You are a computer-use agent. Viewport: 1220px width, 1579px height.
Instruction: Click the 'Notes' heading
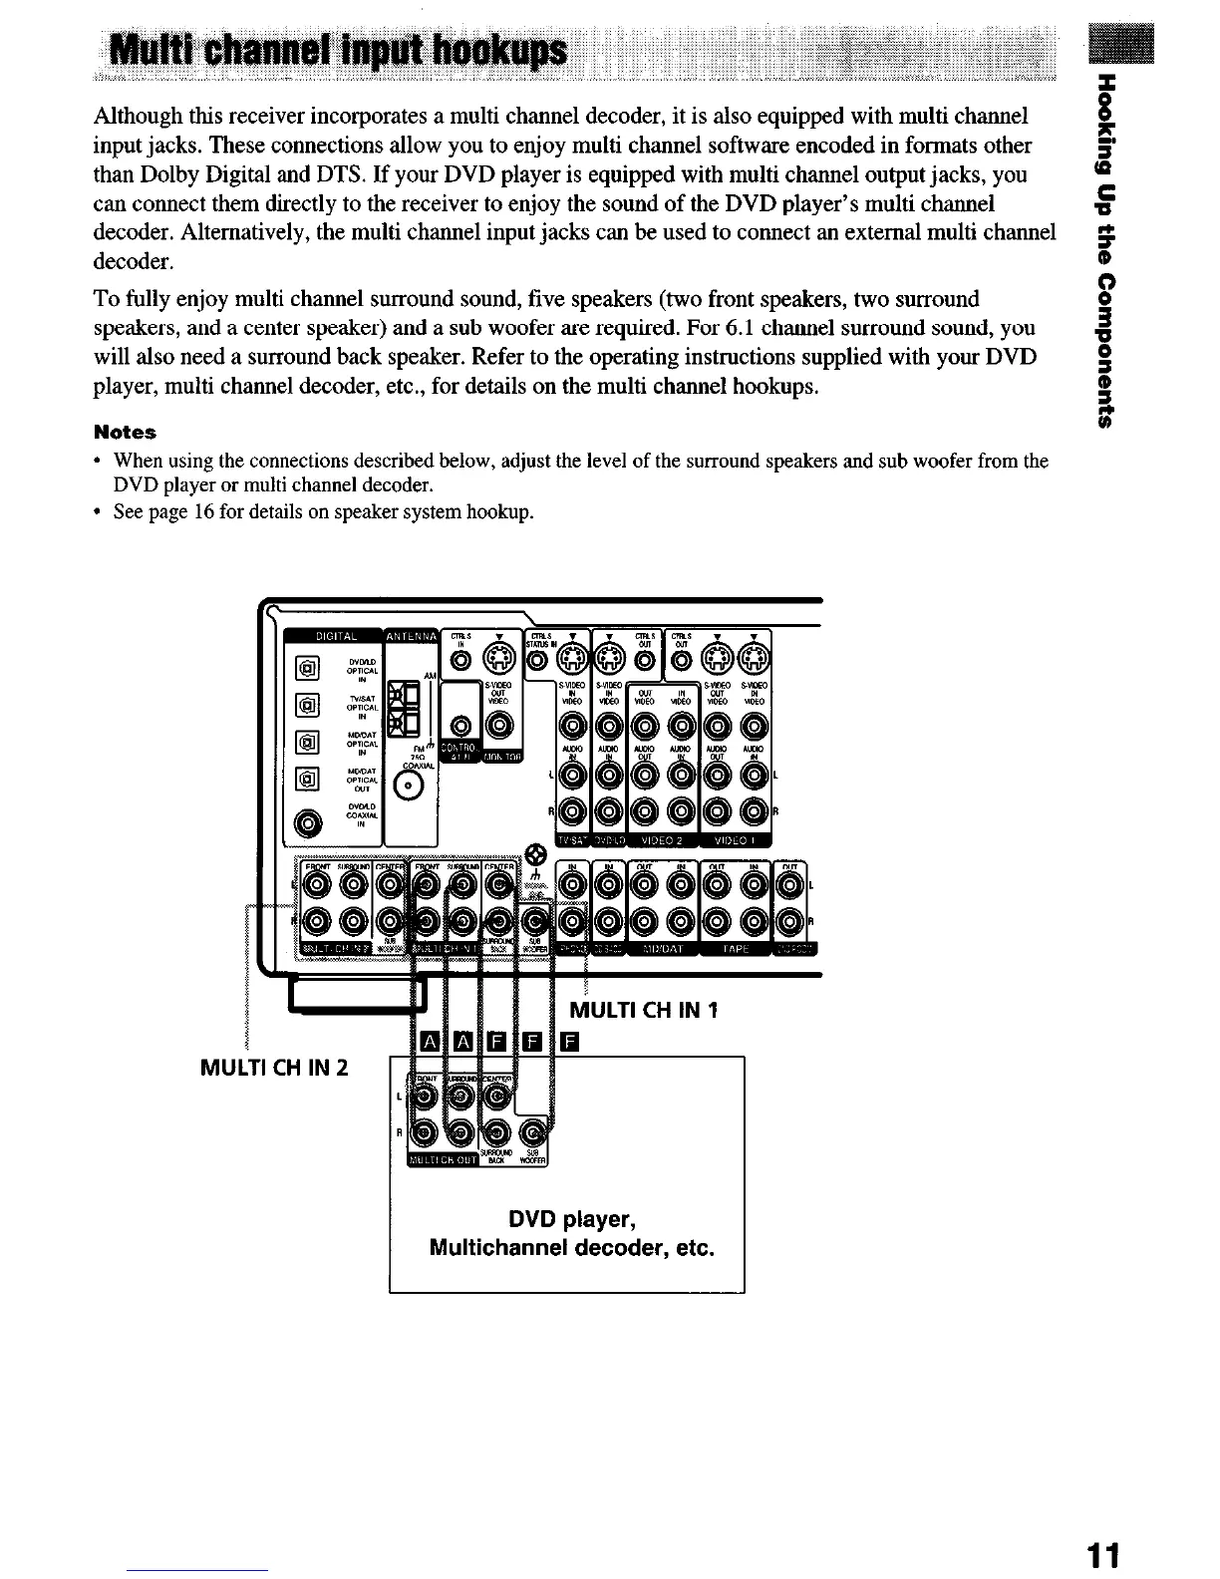(125, 433)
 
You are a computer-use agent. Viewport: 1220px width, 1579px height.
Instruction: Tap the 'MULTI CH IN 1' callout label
(643, 1011)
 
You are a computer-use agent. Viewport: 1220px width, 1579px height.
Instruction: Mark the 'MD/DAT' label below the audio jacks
(660, 948)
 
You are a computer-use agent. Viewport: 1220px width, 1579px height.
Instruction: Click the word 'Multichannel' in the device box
(501, 1248)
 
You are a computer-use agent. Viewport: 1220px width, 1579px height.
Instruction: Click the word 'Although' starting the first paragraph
(134, 117)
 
